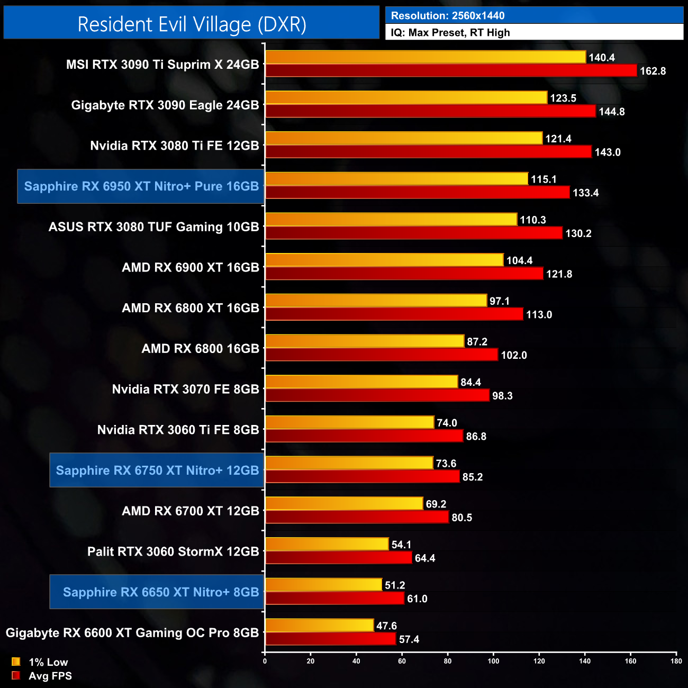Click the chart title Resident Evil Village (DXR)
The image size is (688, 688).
coord(192,24)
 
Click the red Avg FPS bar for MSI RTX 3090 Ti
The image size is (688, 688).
coord(450,70)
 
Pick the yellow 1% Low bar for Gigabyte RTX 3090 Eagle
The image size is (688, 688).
coord(406,97)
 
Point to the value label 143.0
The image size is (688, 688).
coord(607,152)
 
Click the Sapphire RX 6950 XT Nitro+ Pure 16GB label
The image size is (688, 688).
coord(141,186)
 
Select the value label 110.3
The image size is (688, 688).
coord(532,220)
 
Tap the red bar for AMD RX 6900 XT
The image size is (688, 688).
coord(404,274)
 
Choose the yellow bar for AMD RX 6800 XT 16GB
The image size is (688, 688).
coord(376,301)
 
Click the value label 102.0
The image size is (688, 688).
coord(513,355)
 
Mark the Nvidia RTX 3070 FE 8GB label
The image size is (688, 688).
coord(185,390)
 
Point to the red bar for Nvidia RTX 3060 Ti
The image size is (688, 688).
coord(364,436)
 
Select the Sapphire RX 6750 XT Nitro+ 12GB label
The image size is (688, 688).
coord(157,470)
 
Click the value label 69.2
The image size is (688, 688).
coord(436,504)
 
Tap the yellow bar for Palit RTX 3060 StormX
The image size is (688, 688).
coord(327,544)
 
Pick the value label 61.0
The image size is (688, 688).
coord(417,599)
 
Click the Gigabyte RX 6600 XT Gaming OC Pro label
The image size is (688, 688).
coord(132,633)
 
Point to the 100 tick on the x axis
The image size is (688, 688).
coord(493,660)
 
